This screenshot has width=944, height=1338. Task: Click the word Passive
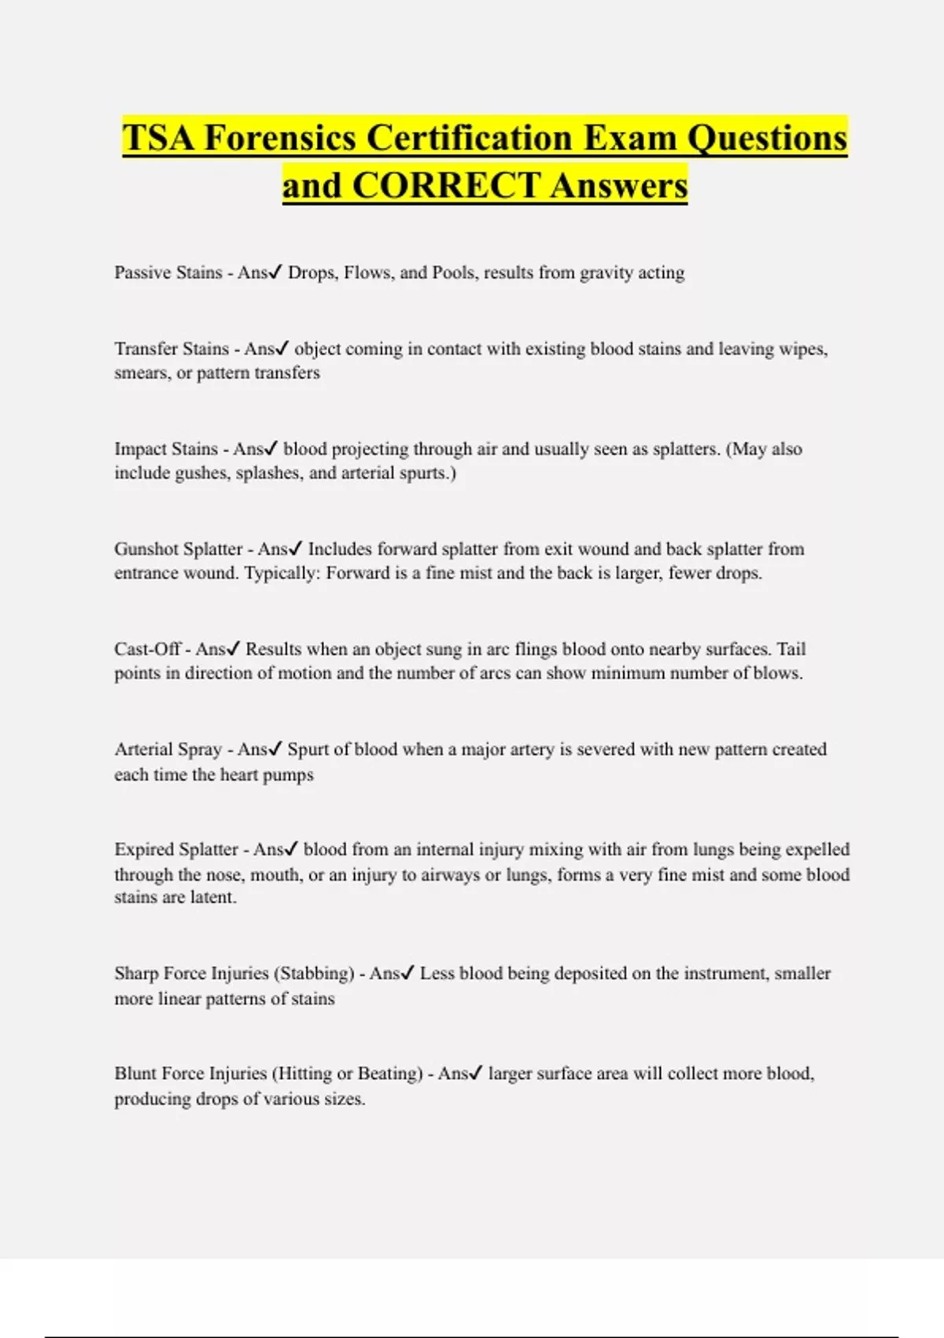click(142, 272)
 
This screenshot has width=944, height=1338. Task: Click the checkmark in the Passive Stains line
click(275, 272)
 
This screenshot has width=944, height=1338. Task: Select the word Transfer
click(146, 349)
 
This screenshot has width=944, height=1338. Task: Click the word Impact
click(140, 449)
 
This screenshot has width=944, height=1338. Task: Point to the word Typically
click(282, 573)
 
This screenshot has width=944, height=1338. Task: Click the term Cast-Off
click(148, 649)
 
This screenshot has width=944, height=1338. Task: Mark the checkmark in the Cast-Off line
click(233, 649)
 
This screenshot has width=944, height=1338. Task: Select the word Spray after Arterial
click(201, 749)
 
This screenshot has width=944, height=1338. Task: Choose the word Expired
click(144, 849)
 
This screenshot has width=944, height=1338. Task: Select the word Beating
click(390, 1074)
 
